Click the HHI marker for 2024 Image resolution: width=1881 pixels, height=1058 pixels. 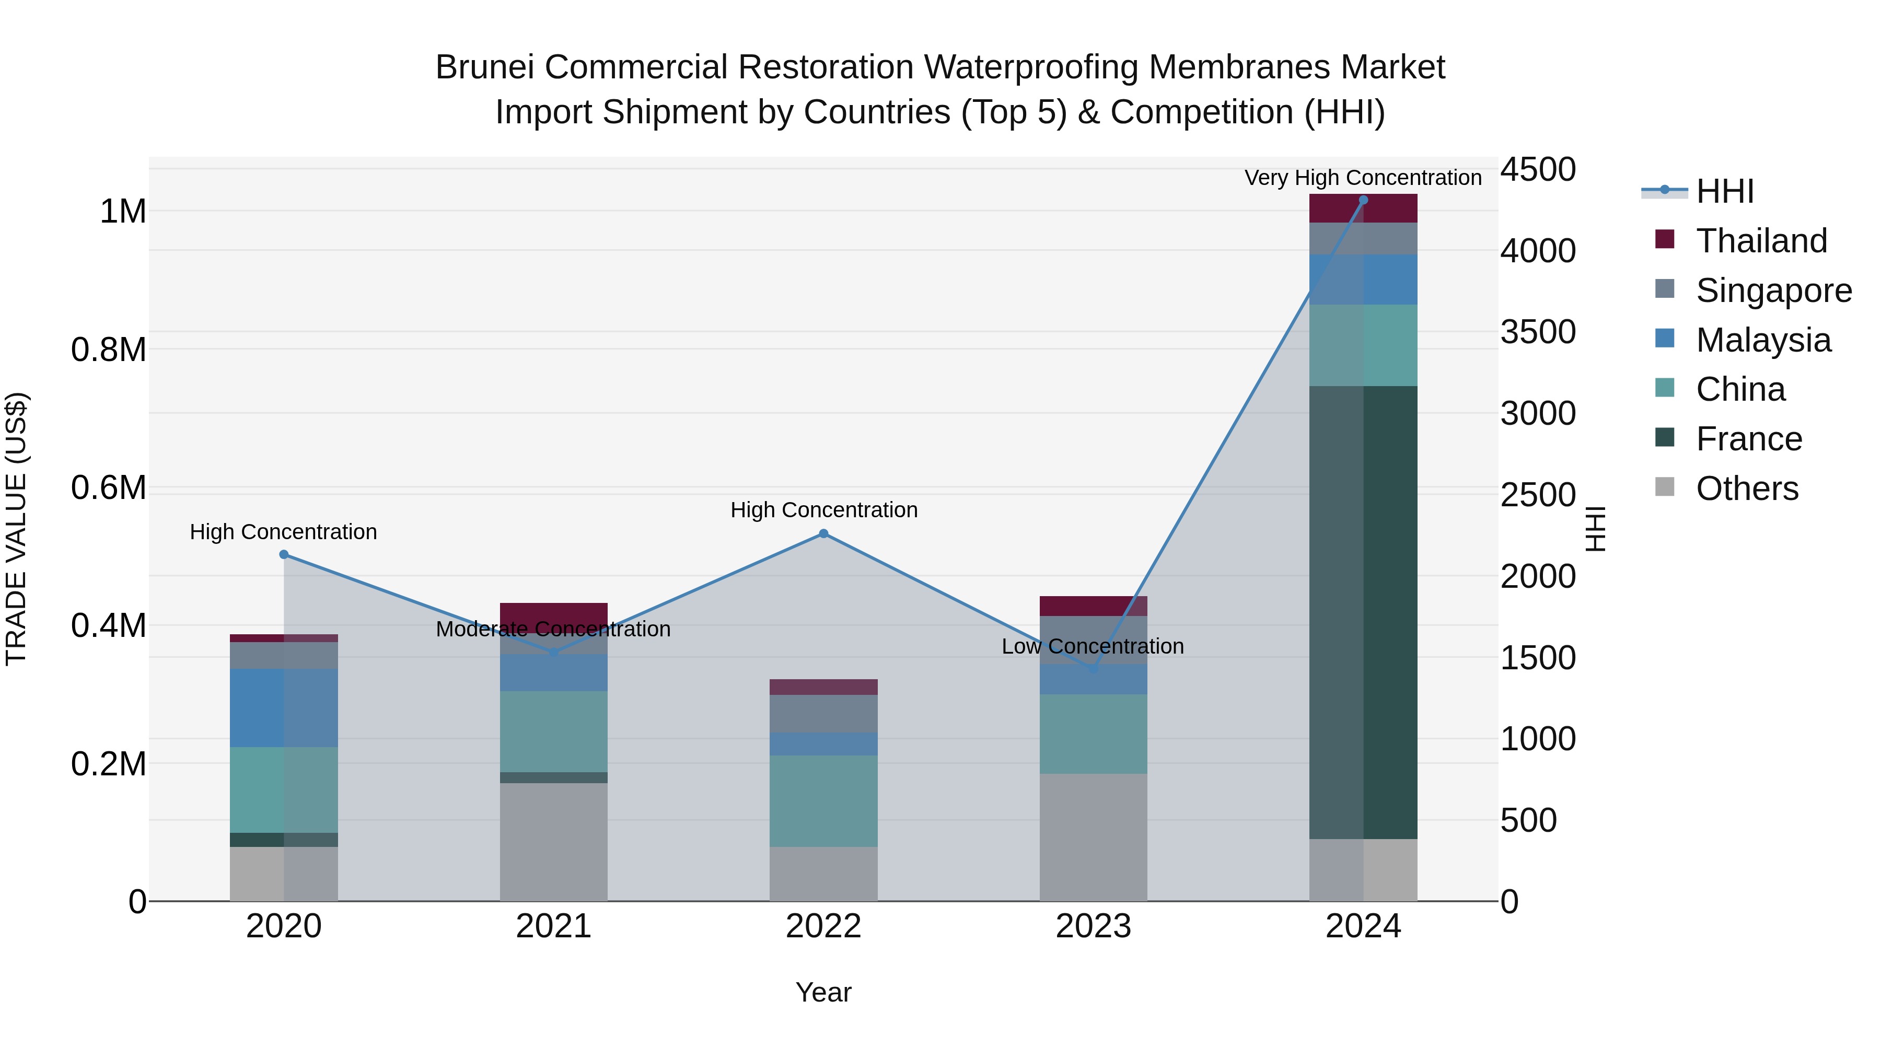tap(1363, 200)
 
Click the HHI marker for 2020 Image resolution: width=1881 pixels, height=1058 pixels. tap(284, 555)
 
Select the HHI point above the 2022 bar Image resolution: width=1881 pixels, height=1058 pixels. tap(823, 534)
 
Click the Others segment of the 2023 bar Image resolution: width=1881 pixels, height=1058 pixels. tap(1093, 837)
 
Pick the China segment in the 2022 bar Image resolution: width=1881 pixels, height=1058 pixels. tap(823, 801)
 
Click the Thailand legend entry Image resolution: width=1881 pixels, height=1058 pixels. tap(1760, 241)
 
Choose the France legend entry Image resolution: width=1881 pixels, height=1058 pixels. tap(1748, 439)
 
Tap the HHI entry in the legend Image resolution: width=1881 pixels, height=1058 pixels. tap(1724, 191)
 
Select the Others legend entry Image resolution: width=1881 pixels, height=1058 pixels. tap(1747, 489)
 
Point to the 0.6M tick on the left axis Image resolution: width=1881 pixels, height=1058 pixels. tap(109, 488)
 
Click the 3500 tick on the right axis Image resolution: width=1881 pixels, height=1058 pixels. tap(1538, 332)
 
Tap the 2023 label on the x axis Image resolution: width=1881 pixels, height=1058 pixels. tap(1093, 926)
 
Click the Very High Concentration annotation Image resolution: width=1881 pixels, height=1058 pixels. tap(1363, 178)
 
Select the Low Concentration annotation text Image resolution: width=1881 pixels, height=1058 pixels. tap(1093, 646)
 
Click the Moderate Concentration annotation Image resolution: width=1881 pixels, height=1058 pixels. tap(553, 629)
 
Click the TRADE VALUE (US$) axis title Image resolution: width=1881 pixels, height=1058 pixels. tap(16, 529)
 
